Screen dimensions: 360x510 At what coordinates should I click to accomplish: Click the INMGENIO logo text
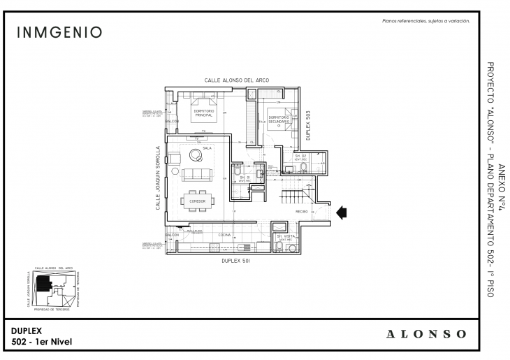pyautogui.click(x=59, y=33)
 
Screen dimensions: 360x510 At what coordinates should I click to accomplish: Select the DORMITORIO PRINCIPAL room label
pyautogui.click(x=199, y=113)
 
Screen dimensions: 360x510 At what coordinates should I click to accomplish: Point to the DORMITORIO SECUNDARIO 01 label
pyautogui.click(x=279, y=121)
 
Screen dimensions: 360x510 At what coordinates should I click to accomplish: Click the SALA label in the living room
pyautogui.click(x=207, y=148)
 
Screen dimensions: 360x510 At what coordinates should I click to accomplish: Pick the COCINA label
pyautogui.click(x=224, y=235)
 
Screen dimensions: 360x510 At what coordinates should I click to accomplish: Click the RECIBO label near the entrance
pyautogui.click(x=302, y=211)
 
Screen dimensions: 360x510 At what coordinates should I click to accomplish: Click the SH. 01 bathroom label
pyautogui.click(x=245, y=178)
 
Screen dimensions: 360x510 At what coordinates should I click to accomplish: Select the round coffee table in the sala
pyautogui.click(x=191, y=157)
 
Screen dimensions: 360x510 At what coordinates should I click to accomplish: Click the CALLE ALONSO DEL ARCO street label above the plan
pyautogui.click(x=232, y=80)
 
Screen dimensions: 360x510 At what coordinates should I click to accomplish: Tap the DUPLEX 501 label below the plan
pyautogui.click(x=235, y=261)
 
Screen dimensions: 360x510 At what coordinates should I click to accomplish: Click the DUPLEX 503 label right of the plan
pyautogui.click(x=316, y=123)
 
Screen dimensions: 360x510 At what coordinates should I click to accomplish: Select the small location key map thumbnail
pyautogui.click(x=54, y=287)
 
